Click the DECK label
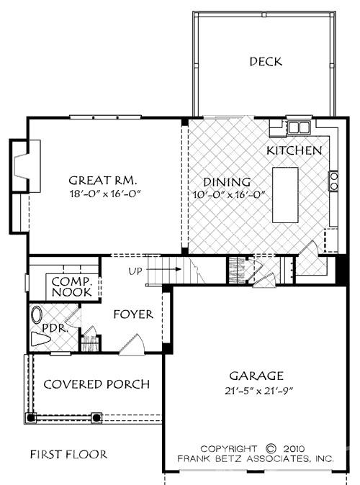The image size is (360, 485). click(266, 61)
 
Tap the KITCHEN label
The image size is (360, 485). click(294, 151)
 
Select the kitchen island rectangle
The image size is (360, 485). click(286, 195)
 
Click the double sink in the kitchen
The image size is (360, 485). click(297, 128)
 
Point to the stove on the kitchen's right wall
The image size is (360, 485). click(333, 181)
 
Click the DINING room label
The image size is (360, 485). click(226, 182)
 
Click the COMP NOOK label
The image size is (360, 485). click(71, 287)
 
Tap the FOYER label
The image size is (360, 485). click(133, 314)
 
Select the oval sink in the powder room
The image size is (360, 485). click(37, 315)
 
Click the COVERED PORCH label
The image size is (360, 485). click(96, 384)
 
